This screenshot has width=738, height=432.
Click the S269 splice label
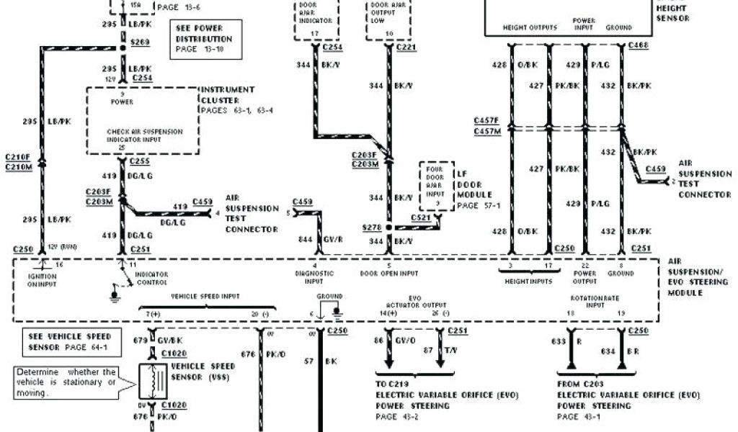140,42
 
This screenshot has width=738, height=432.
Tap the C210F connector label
18,156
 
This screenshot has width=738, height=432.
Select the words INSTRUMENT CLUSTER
228,94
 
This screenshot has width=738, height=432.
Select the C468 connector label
639,46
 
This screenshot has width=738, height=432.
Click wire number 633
559,342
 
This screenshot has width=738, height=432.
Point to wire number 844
304,239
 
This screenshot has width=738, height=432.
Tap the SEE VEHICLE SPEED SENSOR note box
69,341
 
